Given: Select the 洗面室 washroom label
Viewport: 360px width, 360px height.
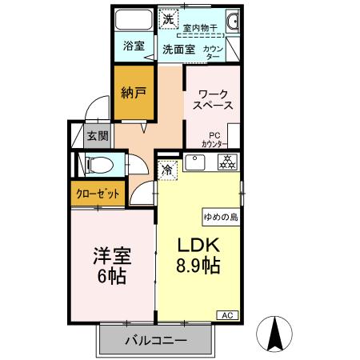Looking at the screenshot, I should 179,49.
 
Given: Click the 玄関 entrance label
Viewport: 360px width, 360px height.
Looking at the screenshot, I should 97,136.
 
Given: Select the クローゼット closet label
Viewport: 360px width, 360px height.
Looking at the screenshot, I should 98,194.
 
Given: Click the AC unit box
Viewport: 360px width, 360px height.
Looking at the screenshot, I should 226,315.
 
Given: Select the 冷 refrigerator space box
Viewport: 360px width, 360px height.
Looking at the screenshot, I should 168,170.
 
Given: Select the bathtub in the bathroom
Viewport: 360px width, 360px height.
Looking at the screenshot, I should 134,19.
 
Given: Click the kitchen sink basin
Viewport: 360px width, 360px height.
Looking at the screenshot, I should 196,162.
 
